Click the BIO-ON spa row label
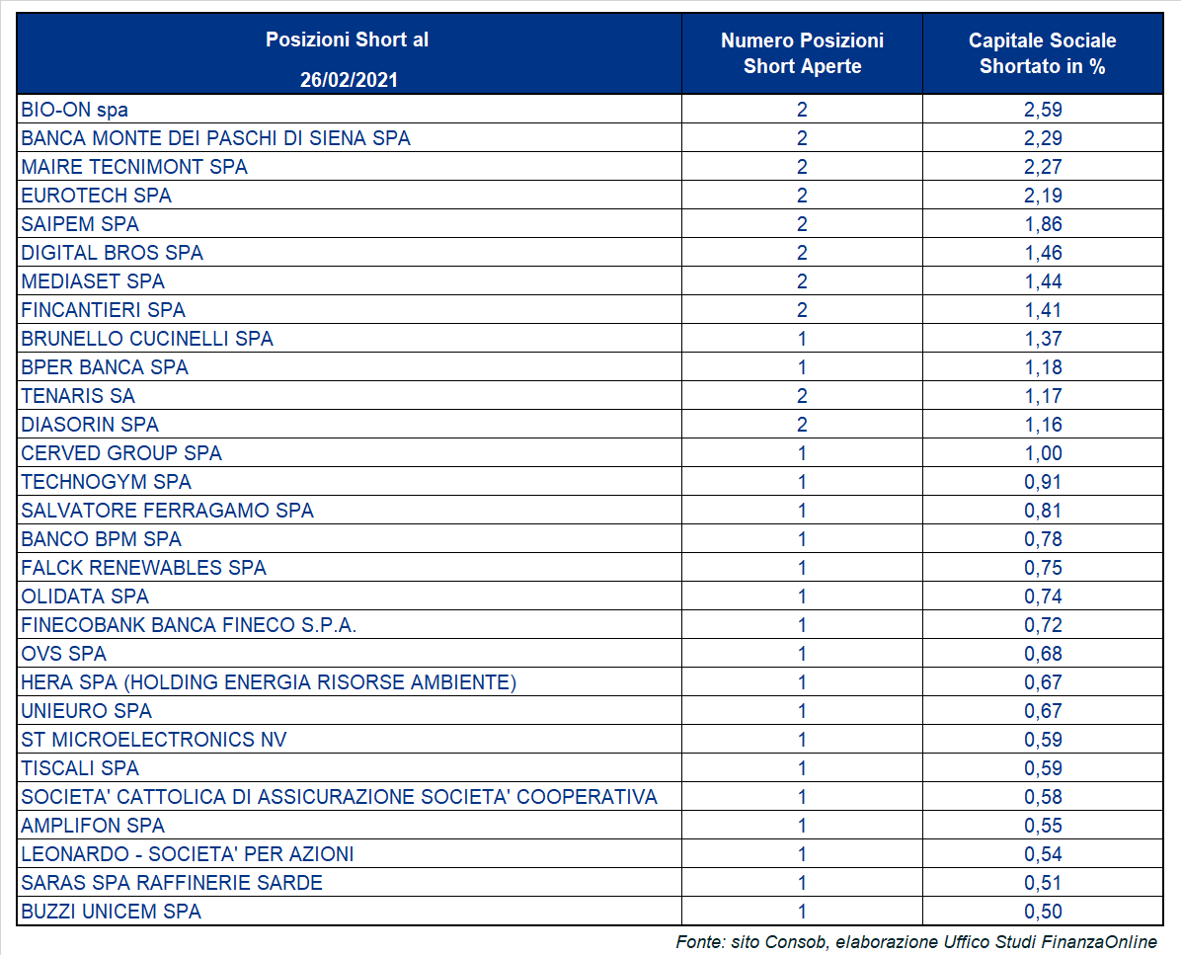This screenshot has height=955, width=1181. click(x=75, y=110)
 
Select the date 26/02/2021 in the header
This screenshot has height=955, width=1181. click(x=349, y=80)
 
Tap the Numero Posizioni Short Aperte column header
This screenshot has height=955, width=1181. click(x=802, y=53)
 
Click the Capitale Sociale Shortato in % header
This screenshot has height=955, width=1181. click(x=1043, y=53)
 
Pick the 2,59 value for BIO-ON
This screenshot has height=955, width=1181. click(x=1043, y=110)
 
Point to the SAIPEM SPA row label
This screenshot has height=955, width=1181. click(x=80, y=224)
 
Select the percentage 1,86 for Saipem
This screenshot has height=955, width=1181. click(x=1043, y=224)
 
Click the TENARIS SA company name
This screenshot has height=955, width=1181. click(x=78, y=396)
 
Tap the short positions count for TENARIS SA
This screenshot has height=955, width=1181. click(x=802, y=396)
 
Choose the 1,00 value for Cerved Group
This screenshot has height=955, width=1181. click(x=1043, y=453)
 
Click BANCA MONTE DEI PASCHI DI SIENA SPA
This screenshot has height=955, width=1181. click(x=215, y=138)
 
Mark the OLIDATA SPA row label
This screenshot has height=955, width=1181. click(x=85, y=597)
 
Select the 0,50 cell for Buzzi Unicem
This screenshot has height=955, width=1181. click(x=1043, y=912)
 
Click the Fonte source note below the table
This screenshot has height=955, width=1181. click(x=916, y=941)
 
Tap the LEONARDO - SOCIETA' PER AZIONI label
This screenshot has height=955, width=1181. click(x=188, y=854)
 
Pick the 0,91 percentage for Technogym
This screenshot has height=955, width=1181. click(x=1043, y=482)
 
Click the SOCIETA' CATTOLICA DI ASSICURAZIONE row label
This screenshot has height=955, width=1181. click(x=339, y=797)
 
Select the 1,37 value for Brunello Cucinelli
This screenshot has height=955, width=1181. click(x=1043, y=339)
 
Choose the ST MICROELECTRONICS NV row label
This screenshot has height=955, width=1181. click(x=154, y=740)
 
